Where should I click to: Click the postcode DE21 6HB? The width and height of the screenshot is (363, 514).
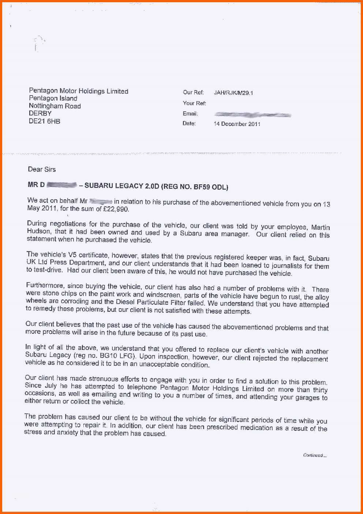pos(44,121)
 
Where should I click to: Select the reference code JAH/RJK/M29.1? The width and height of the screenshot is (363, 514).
pos(233,93)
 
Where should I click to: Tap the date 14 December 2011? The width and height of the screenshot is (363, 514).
pos(237,124)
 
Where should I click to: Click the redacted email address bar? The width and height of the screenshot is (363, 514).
pos(252,115)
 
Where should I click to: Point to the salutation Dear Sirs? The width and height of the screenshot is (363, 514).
pos(42,169)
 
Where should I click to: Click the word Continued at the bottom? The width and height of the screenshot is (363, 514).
pos(313,455)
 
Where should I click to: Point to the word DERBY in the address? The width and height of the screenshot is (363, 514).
pos(40,114)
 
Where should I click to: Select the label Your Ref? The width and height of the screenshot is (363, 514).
pos(194,103)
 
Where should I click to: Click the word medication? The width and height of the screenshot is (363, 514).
pos(257,428)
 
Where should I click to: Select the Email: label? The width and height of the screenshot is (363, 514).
pos(190,114)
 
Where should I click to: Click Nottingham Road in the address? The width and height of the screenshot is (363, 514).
pos(55,106)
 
